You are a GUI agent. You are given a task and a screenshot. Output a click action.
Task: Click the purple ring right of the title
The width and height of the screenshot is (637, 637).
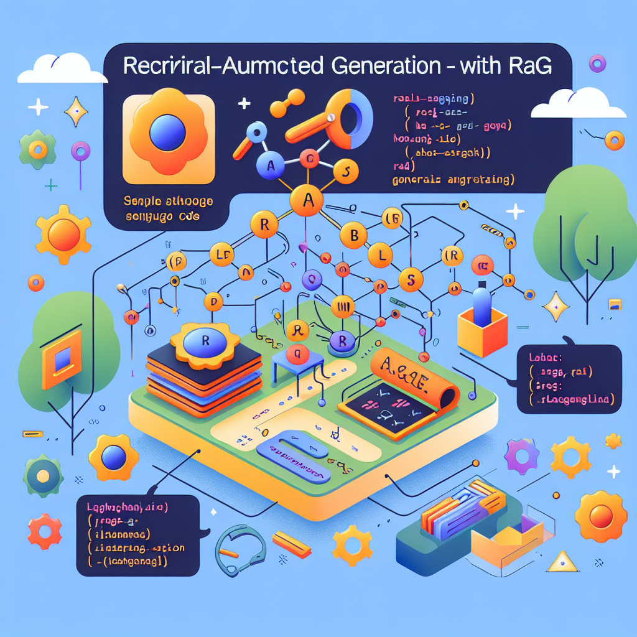click(598, 62)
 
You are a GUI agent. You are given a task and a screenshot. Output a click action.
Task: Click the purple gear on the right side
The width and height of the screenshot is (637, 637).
click(519, 458)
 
